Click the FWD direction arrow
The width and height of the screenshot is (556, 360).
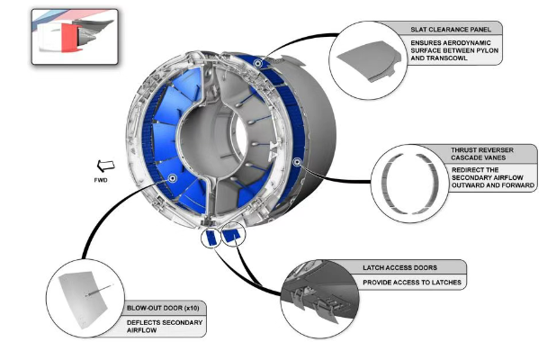(x=106, y=166)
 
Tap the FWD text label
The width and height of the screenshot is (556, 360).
(x=101, y=180)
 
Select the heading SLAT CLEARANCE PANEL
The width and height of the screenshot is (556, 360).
(x=451, y=30)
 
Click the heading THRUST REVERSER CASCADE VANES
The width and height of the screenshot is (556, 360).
(x=482, y=154)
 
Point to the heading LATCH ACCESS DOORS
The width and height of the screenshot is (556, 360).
(x=399, y=268)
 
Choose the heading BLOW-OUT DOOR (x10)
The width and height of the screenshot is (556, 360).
(x=163, y=308)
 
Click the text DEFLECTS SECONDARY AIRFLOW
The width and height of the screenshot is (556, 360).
(x=165, y=327)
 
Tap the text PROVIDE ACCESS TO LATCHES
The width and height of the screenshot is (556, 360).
(x=412, y=283)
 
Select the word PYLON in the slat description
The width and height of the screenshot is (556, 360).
(x=488, y=50)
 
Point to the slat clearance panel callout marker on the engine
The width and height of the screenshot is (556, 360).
(x=258, y=64)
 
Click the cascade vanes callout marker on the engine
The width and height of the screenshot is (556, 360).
(x=297, y=162)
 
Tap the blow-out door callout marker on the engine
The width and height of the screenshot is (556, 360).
(x=173, y=178)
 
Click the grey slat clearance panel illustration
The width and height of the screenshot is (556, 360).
(x=369, y=60)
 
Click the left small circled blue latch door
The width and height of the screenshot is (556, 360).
(x=211, y=237)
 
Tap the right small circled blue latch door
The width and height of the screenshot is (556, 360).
(x=233, y=235)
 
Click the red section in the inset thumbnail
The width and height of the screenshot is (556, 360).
(x=69, y=37)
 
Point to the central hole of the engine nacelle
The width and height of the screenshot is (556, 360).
(x=239, y=139)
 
